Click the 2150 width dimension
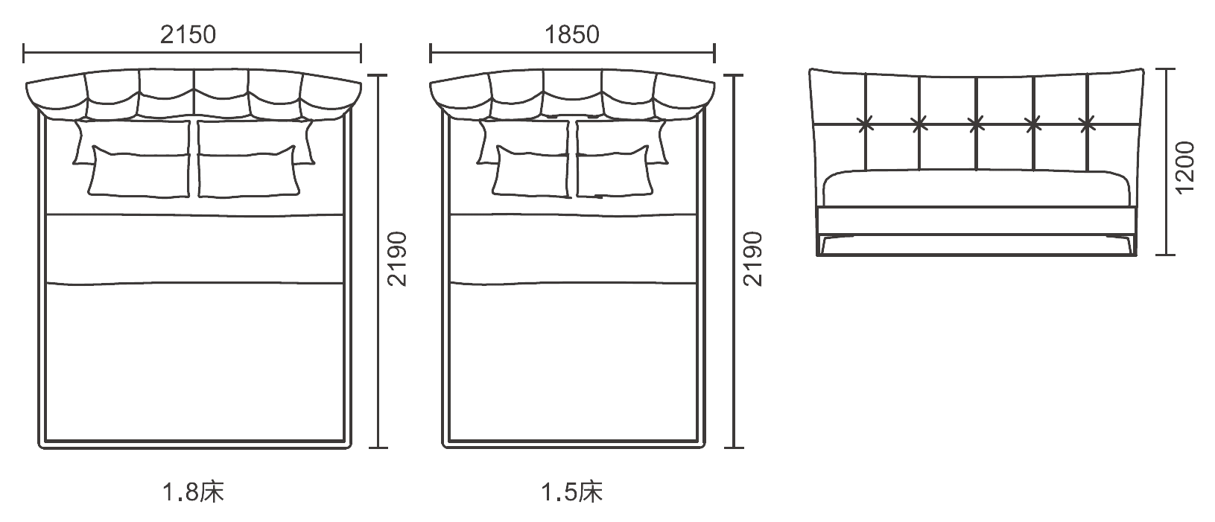pos(188,35)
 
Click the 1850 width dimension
pos(571,35)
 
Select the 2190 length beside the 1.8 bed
pos(397,259)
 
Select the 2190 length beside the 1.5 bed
pos(753,259)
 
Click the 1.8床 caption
pos(193,492)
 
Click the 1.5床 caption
pos(571,492)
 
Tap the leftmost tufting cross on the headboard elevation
pos(866,124)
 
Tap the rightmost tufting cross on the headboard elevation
pos(1087,124)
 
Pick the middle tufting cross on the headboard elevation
pos(977,124)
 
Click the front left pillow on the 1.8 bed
pos(140,171)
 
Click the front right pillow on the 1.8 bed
pos(248,171)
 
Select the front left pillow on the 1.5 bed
pos(531,171)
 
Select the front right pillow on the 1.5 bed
pos(613,171)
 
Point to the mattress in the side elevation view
pos(977,188)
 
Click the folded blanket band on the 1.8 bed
pos(194,249)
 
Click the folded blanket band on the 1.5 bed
pos(574,249)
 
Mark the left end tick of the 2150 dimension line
pos(24,53)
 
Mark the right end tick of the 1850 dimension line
pos(714,53)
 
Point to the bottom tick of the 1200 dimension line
pos(1164,254)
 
